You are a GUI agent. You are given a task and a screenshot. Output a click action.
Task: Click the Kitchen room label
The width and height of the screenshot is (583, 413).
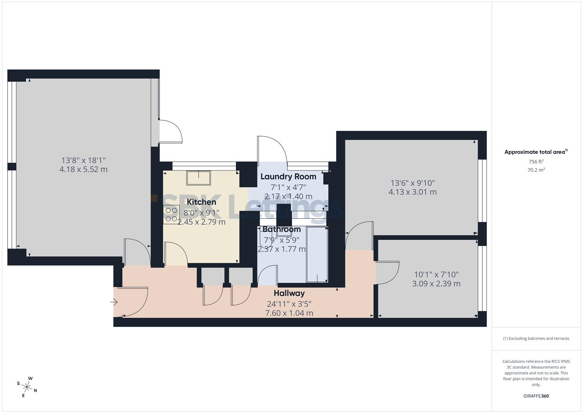point(201,202)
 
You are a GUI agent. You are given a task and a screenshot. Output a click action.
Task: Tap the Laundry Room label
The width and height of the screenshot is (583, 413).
point(288,176)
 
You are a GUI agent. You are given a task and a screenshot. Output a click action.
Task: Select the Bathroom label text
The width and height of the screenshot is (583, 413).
point(281,229)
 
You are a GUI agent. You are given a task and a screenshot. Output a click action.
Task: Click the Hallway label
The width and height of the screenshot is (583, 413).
point(289,293)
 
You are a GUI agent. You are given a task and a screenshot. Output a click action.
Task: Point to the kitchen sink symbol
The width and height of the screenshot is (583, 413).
point(198,178)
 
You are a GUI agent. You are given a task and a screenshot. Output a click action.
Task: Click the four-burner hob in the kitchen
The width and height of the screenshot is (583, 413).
point(171,215)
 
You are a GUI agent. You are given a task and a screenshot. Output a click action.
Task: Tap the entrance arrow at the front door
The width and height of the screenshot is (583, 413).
point(114,302)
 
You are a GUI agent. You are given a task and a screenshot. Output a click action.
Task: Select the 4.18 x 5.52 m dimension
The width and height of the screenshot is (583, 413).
point(83,169)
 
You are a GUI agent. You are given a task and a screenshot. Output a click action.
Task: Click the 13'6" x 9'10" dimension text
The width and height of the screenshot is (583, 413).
point(412,183)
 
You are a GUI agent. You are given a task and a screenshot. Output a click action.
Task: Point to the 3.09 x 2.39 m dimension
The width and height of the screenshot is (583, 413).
point(436,284)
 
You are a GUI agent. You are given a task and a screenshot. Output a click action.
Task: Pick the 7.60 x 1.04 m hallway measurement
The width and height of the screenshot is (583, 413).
point(289,313)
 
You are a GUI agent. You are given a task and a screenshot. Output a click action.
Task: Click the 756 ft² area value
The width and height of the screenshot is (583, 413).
point(536,162)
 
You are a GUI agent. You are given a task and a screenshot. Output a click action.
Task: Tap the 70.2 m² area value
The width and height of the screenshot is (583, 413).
point(536,170)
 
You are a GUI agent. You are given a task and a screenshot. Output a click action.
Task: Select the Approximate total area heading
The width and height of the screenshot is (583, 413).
point(536,152)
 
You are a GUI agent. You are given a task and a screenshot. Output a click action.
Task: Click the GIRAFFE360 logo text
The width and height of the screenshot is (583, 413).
point(536,396)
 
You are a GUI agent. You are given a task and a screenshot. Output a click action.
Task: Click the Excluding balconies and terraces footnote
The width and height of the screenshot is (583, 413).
point(536,338)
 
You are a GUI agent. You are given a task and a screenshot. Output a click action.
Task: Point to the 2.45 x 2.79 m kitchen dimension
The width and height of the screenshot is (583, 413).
point(201,222)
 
